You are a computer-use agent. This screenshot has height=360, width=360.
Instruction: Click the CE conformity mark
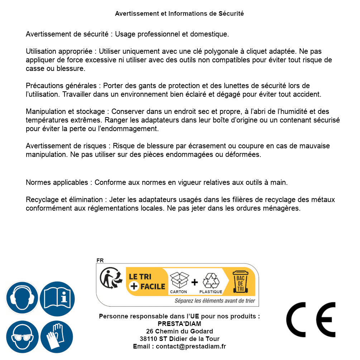coord(311,320)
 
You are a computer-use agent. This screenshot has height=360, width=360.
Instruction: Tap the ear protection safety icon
coord(22,298)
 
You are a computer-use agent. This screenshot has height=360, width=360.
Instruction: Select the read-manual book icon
coord(57,298)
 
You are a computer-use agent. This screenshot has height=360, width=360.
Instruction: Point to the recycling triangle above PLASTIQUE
coord(211,280)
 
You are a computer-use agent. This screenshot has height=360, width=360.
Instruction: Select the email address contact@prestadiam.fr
coord(191,346)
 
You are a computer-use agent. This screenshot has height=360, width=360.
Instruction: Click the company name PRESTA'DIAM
coord(179,324)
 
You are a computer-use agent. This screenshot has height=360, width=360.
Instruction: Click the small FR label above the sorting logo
coord(100,260)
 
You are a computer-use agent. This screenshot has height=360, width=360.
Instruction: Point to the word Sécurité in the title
coord(231,14)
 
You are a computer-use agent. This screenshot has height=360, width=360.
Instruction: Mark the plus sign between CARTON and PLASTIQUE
coord(195,282)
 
